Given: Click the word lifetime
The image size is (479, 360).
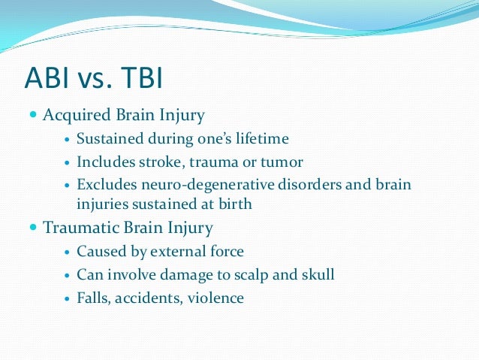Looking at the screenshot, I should tap(262, 139).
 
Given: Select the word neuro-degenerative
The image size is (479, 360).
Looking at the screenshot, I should tap(193, 185).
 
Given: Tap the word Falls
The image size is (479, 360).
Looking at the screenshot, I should tap(94, 298).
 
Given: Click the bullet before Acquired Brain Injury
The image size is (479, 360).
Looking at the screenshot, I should tap(32, 116).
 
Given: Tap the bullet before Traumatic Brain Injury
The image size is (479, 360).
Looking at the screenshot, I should tap(32, 228).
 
